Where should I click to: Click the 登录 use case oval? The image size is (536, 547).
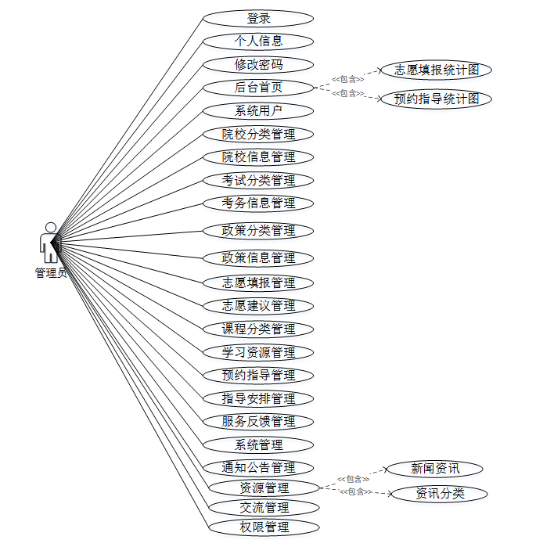tap(258, 18)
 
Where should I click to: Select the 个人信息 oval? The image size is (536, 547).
tap(258, 41)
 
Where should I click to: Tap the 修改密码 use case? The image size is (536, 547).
tap(258, 64)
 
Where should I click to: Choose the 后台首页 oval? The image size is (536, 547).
tap(258, 88)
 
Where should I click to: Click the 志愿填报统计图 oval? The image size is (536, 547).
tap(433, 70)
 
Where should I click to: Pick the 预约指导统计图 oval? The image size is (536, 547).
tap(433, 99)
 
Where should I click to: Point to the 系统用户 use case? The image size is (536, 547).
tap(258, 110)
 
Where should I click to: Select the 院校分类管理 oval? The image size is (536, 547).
tap(258, 134)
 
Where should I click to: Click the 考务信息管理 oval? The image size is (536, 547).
tap(258, 203)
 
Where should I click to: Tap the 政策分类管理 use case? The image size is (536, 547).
tap(258, 230)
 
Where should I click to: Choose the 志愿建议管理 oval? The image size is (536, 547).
tap(258, 305)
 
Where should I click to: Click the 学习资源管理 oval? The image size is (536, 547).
tap(258, 352)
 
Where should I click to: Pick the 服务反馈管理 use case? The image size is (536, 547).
tap(258, 421)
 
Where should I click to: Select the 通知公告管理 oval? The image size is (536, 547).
tap(258, 468)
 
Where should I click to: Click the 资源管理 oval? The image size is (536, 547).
tap(264, 488)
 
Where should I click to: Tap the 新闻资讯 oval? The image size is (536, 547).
tap(435, 469)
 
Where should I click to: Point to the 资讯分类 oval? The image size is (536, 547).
tap(440, 493)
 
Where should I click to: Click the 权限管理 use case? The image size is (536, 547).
tap(264, 527)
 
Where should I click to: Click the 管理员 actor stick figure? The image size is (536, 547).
tap(50, 242)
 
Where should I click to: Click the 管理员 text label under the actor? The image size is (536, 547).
tap(50, 272)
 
